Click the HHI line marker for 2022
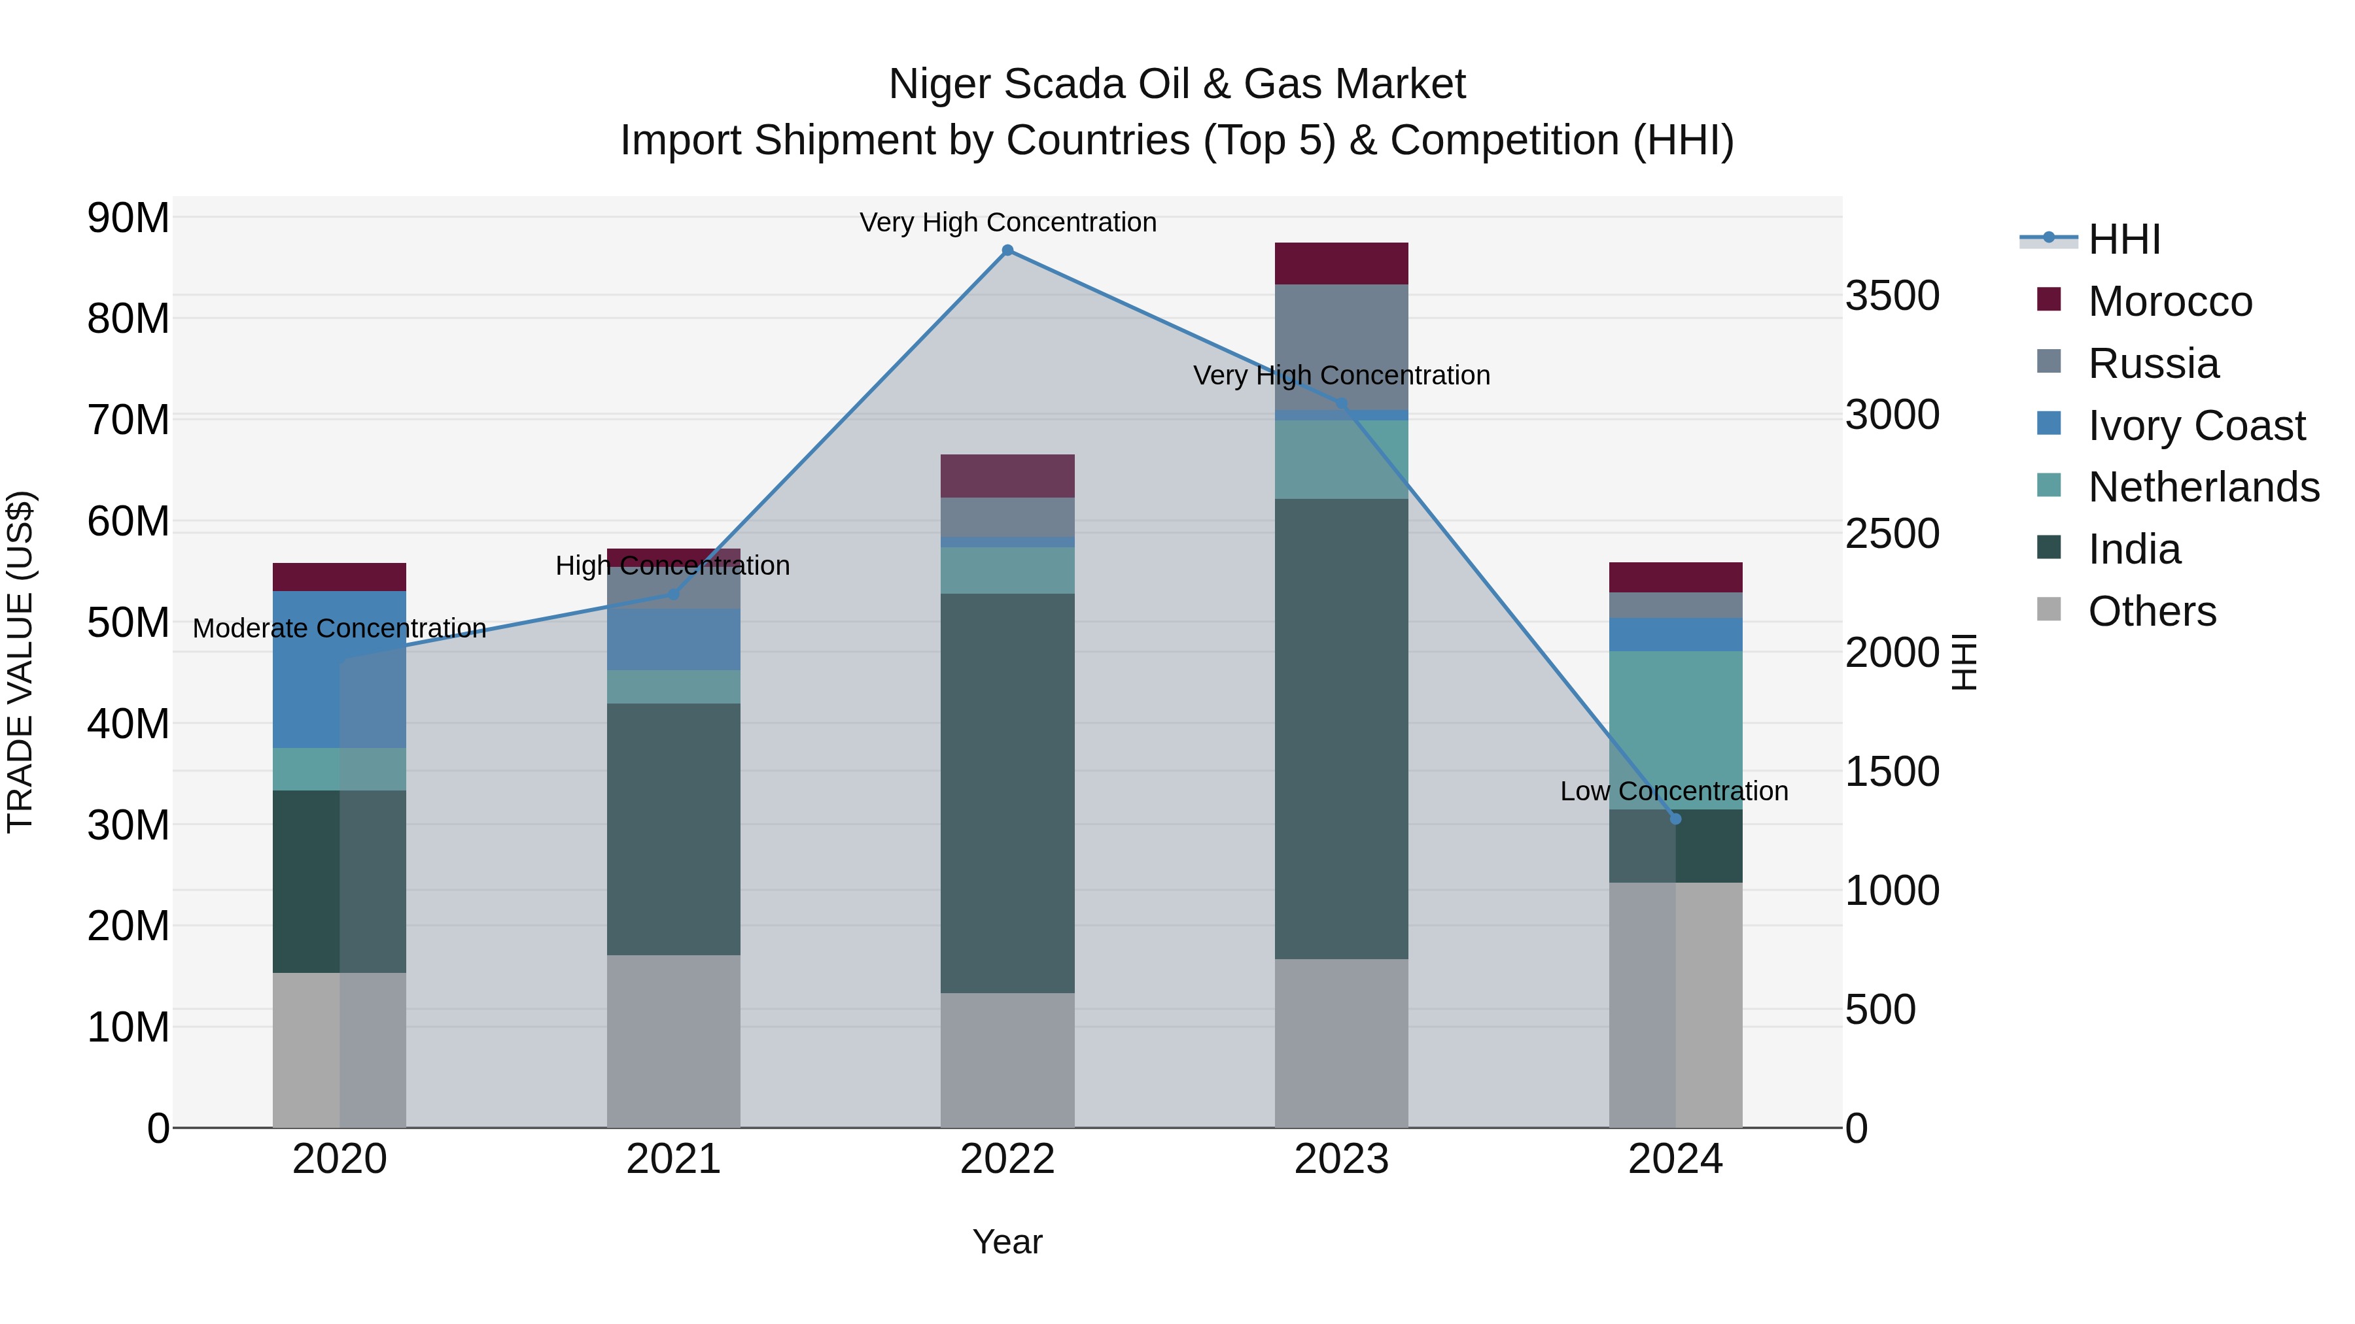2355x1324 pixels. click(x=1007, y=250)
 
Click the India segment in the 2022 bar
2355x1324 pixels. click(x=1007, y=793)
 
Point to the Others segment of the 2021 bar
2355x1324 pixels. click(x=674, y=1041)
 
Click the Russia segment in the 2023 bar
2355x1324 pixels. click(x=1341, y=347)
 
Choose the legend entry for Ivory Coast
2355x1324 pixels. click(x=2196, y=426)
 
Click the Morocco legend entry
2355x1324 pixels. click(x=2169, y=301)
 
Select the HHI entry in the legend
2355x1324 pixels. click(x=2123, y=239)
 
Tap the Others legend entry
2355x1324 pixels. click(x=2151, y=611)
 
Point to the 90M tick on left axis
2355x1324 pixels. click(x=128, y=218)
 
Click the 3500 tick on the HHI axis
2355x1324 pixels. click(x=1891, y=296)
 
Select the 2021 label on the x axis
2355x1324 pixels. click(x=674, y=1159)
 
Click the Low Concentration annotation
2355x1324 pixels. click(x=1674, y=791)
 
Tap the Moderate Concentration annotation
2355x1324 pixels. click(x=339, y=628)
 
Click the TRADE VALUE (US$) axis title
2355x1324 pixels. click(x=20, y=662)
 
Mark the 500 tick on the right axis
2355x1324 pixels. click(x=1879, y=1010)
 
